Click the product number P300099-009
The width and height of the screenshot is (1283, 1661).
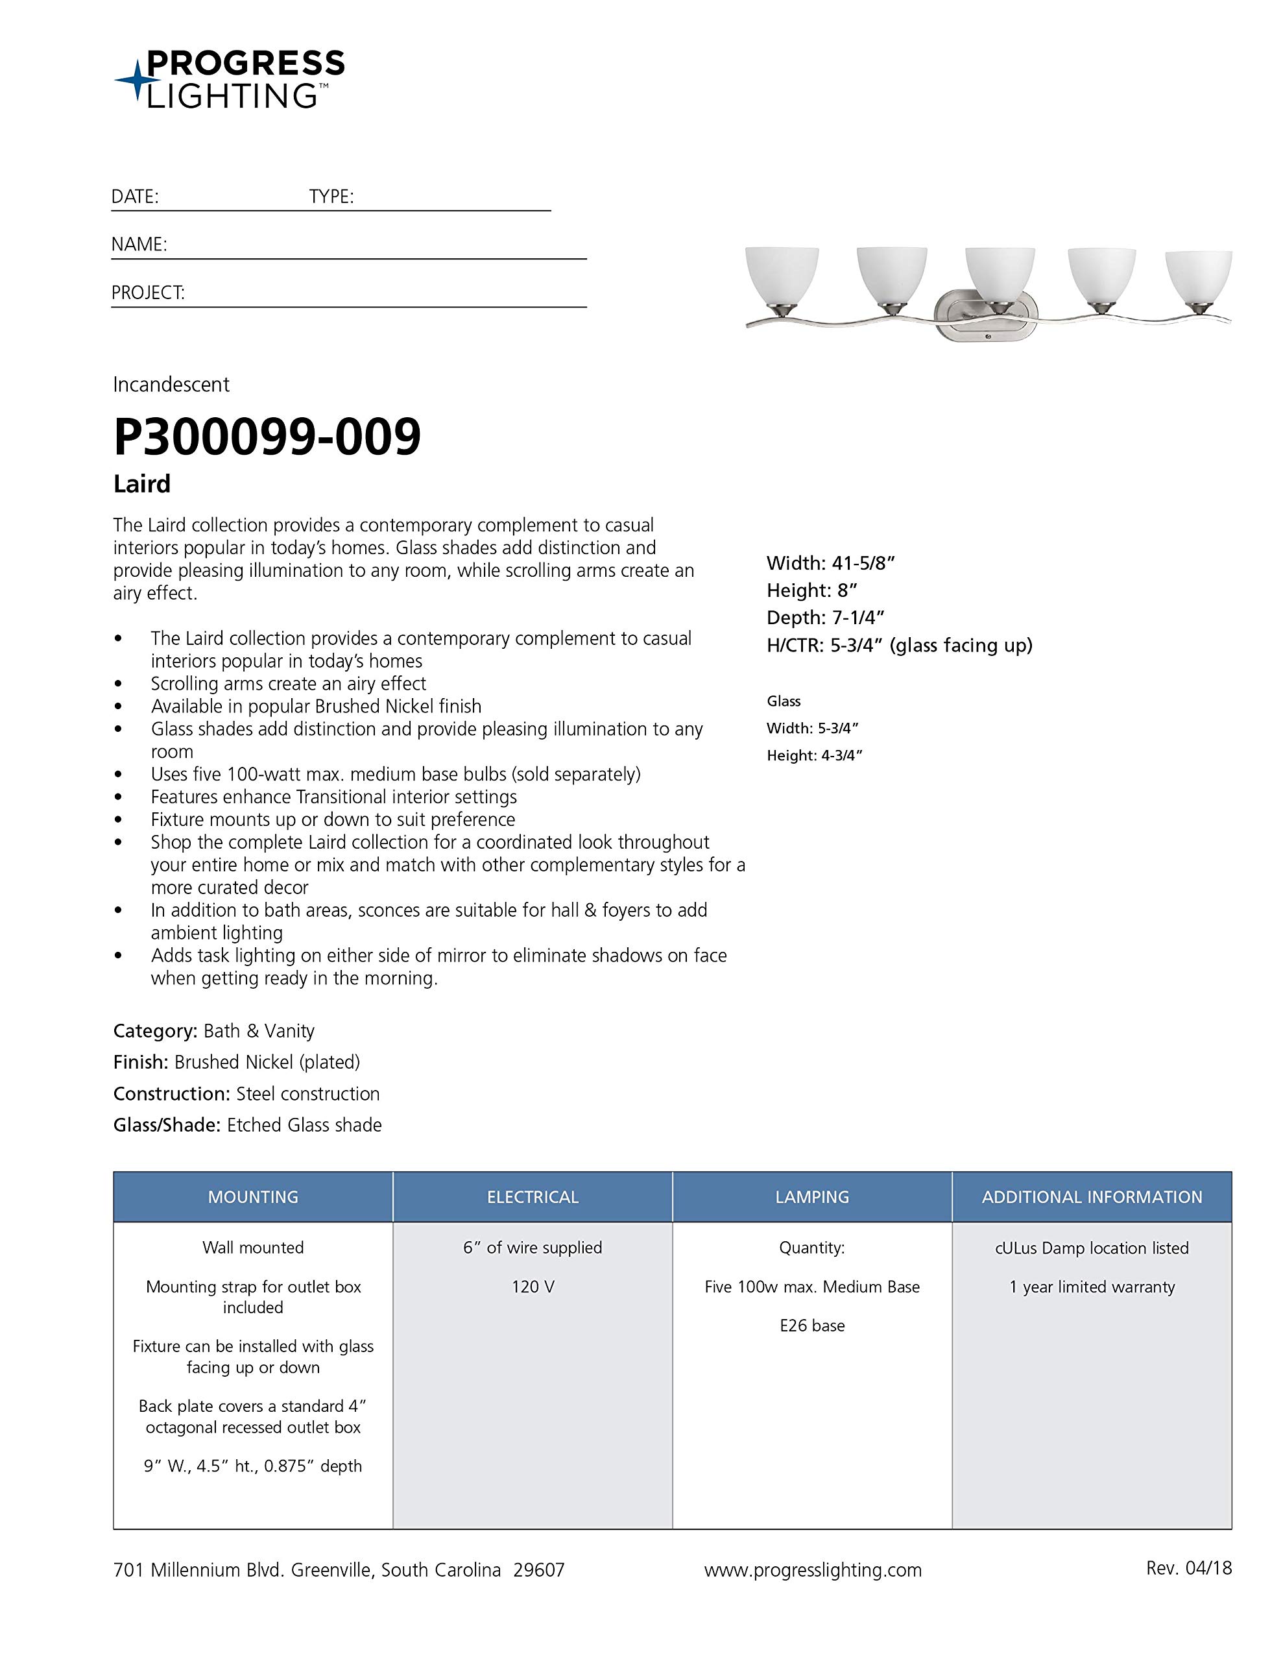pos(267,437)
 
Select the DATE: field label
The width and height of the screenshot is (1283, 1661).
pos(135,197)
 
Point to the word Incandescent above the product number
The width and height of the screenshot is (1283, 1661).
pos(171,385)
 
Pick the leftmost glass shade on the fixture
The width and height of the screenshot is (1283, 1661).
pos(781,275)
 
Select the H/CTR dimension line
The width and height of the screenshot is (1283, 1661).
pos(899,646)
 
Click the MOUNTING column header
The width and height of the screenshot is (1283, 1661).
pos(253,1197)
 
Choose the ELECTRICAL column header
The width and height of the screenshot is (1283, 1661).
pos(533,1197)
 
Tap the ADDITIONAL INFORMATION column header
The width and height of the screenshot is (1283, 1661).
pos(1092,1197)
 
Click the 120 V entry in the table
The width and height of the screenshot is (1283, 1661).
pos(533,1287)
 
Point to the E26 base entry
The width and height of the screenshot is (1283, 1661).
pos(811,1326)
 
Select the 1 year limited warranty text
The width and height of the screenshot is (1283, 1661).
pos(1092,1287)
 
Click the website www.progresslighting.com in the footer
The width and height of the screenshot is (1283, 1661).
pos(812,1570)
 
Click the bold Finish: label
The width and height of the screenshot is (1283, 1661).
pos(141,1063)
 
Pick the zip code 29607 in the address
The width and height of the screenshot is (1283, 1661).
pos(538,1570)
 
